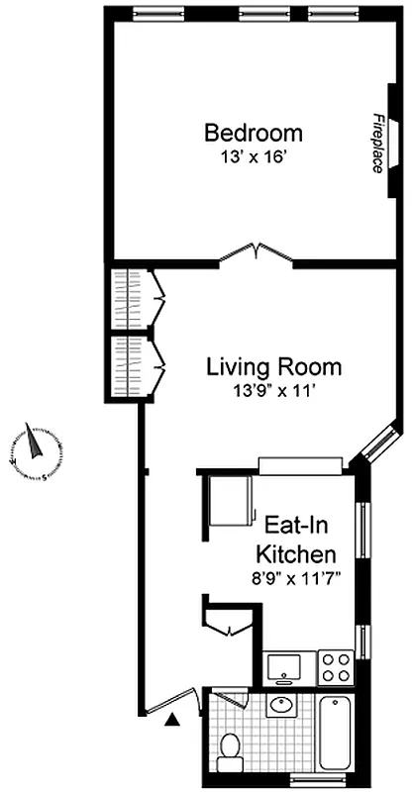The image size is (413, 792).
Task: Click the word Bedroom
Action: pyautogui.click(x=254, y=133)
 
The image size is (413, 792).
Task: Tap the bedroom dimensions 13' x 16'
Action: pyautogui.click(x=254, y=156)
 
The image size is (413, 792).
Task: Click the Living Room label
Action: pyautogui.click(x=273, y=367)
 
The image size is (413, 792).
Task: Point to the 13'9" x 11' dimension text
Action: pyautogui.click(x=273, y=391)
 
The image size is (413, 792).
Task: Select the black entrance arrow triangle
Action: pyautogui.click(x=174, y=721)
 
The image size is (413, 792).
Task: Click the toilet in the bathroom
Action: pyautogui.click(x=231, y=749)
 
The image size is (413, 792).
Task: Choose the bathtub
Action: pyautogui.click(x=337, y=738)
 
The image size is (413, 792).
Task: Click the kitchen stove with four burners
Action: pyautogui.click(x=335, y=665)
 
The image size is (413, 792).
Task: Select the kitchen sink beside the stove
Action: pyautogui.click(x=284, y=666)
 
